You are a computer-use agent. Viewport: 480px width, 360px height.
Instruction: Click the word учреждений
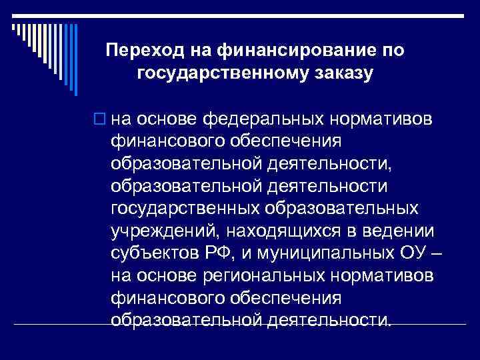click(165, 231)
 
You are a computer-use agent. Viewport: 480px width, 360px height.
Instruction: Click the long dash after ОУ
click(437, 254)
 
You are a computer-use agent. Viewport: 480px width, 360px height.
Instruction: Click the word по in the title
click(391, 51)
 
